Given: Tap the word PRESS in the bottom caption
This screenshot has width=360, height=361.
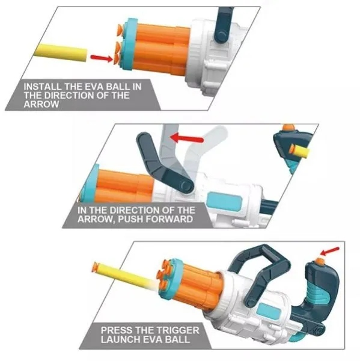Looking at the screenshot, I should [117, 330].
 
